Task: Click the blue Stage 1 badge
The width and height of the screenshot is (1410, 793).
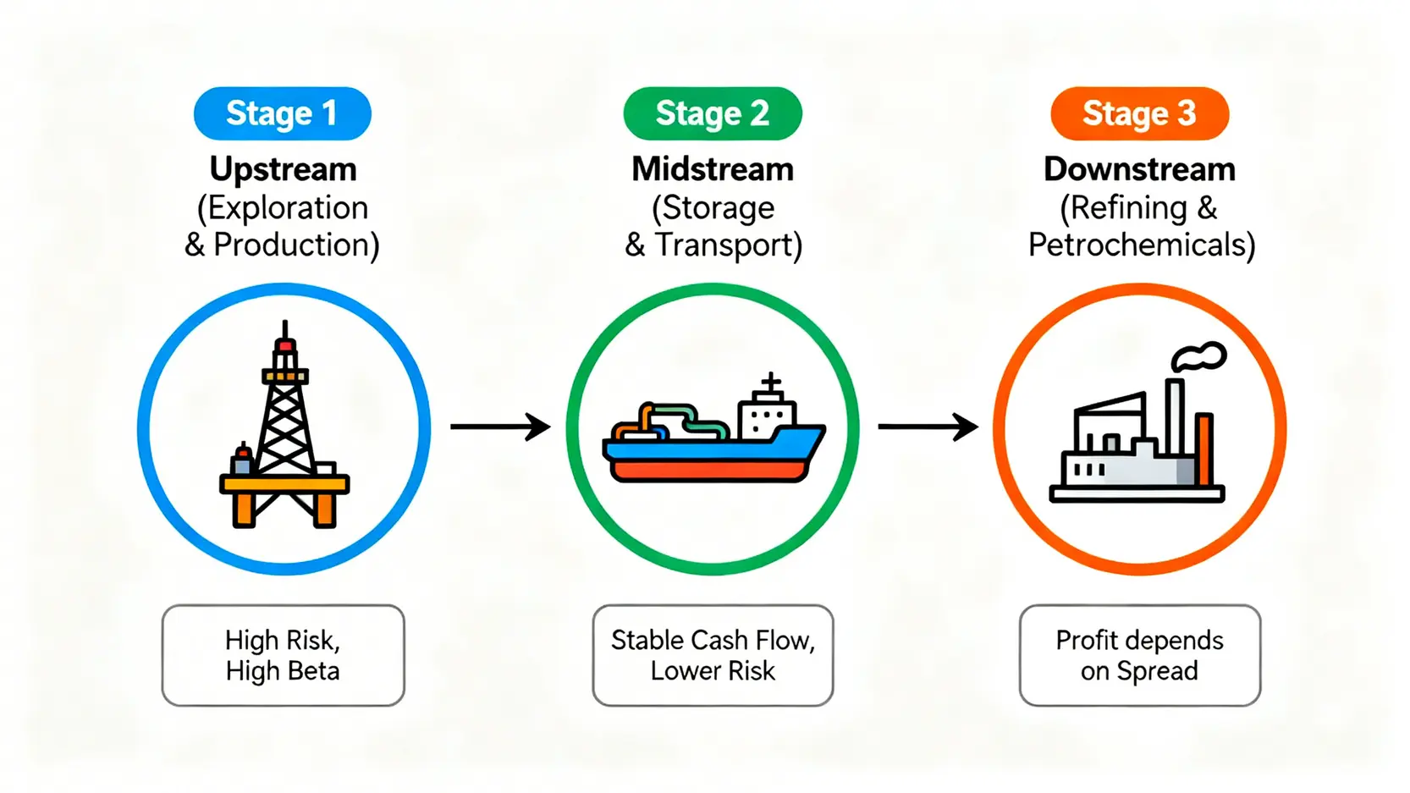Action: pyautogui.click(x=282, y=113)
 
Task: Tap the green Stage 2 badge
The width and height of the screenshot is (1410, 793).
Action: pyautogui.click(x=712, y=113)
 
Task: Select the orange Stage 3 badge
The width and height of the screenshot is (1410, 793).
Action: pyautogui.click(x=1139, y=113)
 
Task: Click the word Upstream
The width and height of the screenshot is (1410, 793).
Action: pyautogui.click(x=283, y=169)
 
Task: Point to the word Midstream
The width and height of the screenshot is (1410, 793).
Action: pyautogui.click(x=713, y=169)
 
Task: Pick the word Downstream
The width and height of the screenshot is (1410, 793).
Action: pyautogui.click(x=1139, y=169)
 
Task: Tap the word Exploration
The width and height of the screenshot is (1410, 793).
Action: pyautogui.click(x=288, y=207)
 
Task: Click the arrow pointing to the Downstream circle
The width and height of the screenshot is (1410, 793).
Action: pyautogui.click(x=928, y=427)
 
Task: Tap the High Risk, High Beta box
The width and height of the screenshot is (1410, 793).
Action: pyautogui.click(x=283, y=655)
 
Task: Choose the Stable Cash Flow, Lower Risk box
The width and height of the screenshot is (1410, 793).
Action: pyautogui.click(x=713, y=655)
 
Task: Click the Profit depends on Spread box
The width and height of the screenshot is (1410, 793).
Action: pyautogui.click(x=1139, y=655)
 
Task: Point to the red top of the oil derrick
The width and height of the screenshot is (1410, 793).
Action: pyautogui.click(x=285, y=345)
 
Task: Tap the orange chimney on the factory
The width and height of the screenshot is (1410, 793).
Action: pyautogui.click(x=1204, y=449)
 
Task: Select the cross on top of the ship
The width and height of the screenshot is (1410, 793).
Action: pyautogui.click(x=770, y=383)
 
